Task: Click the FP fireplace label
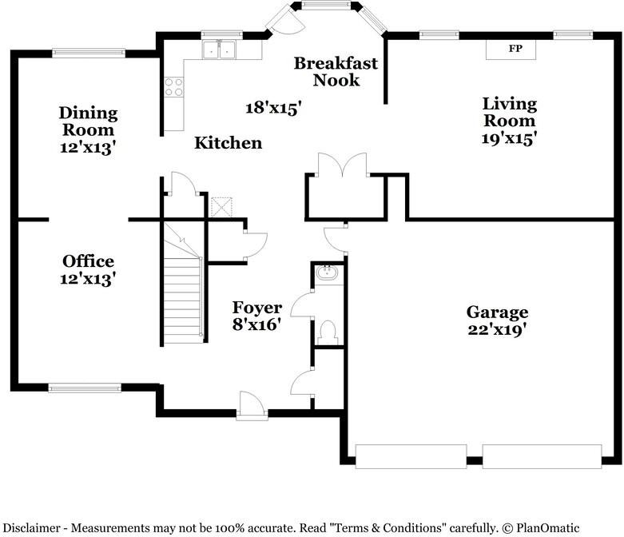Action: [x=515, y=49]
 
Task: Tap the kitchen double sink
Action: [x=218, y=50]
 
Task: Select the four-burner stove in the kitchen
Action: [x=174, y=87]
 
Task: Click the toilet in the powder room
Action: [x=328, y=332]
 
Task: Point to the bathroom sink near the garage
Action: [x=327, y=272]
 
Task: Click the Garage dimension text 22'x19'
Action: [x=498, y=329]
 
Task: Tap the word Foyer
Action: [x=257, y=308]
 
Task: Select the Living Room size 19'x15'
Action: [x=510, y=138]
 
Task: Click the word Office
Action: [x=89, y=261]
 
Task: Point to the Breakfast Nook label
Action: [x=336, y=72]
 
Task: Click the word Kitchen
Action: [x=228, y=143]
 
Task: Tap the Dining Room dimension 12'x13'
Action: [x=88, y=147]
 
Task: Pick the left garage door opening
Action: [x=411, y=456]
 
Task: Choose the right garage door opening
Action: [x=542, y=456]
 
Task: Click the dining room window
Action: [x=89, y=53]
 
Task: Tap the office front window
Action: [x=85, y=388]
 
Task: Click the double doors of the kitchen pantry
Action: [x=342, y=164]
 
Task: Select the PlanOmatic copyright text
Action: [x=541, y=528]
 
